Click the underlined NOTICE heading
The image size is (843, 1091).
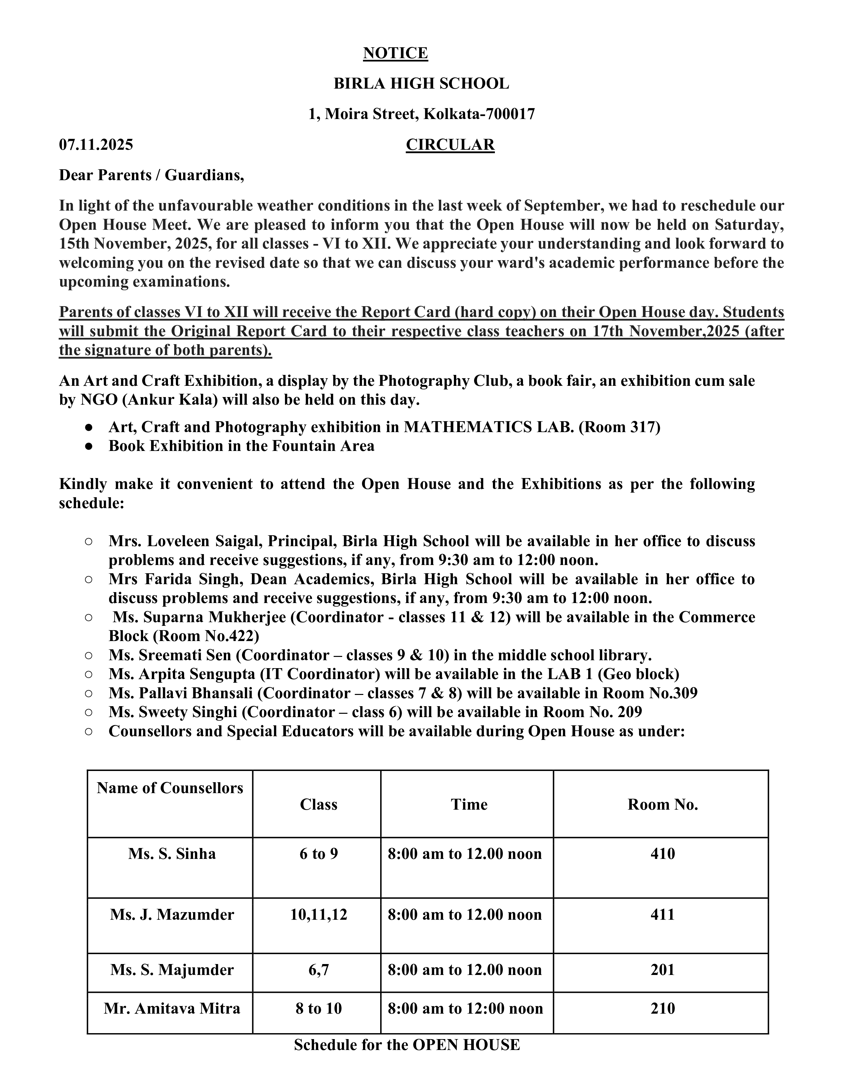pos(395,53)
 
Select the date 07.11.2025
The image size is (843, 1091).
pos(96,145)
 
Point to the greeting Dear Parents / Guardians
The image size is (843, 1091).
pos(151,175)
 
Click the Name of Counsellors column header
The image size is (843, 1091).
pos(170,788)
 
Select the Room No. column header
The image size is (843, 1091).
pos(662,804)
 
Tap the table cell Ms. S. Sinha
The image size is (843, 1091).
pos(172,853)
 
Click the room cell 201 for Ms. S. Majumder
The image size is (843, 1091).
pos(662,970)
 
